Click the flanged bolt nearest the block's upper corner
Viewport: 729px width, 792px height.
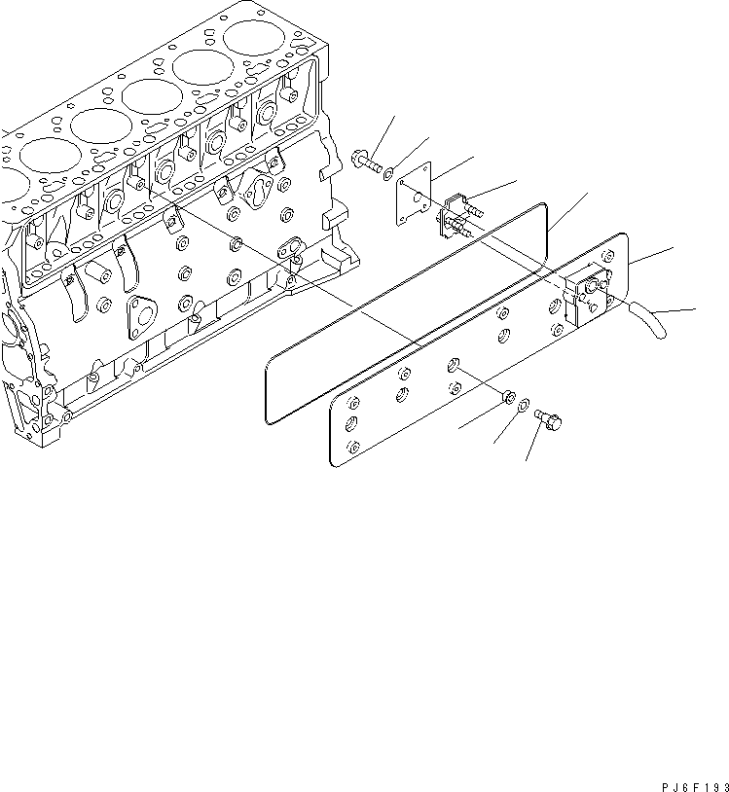pyautogui.click(x=367, y=161)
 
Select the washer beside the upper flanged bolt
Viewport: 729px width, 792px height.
pyautogui.click(x=388, y=175)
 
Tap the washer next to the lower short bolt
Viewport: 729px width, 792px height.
pyautogui.click(x=523, y=406)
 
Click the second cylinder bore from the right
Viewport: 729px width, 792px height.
pyautogui.click(x=202, y=68)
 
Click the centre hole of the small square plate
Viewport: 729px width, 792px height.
pyautogui.click(x=418, y=203)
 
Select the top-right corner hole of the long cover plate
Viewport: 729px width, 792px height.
pyautogui.click(x=609, y=256)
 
